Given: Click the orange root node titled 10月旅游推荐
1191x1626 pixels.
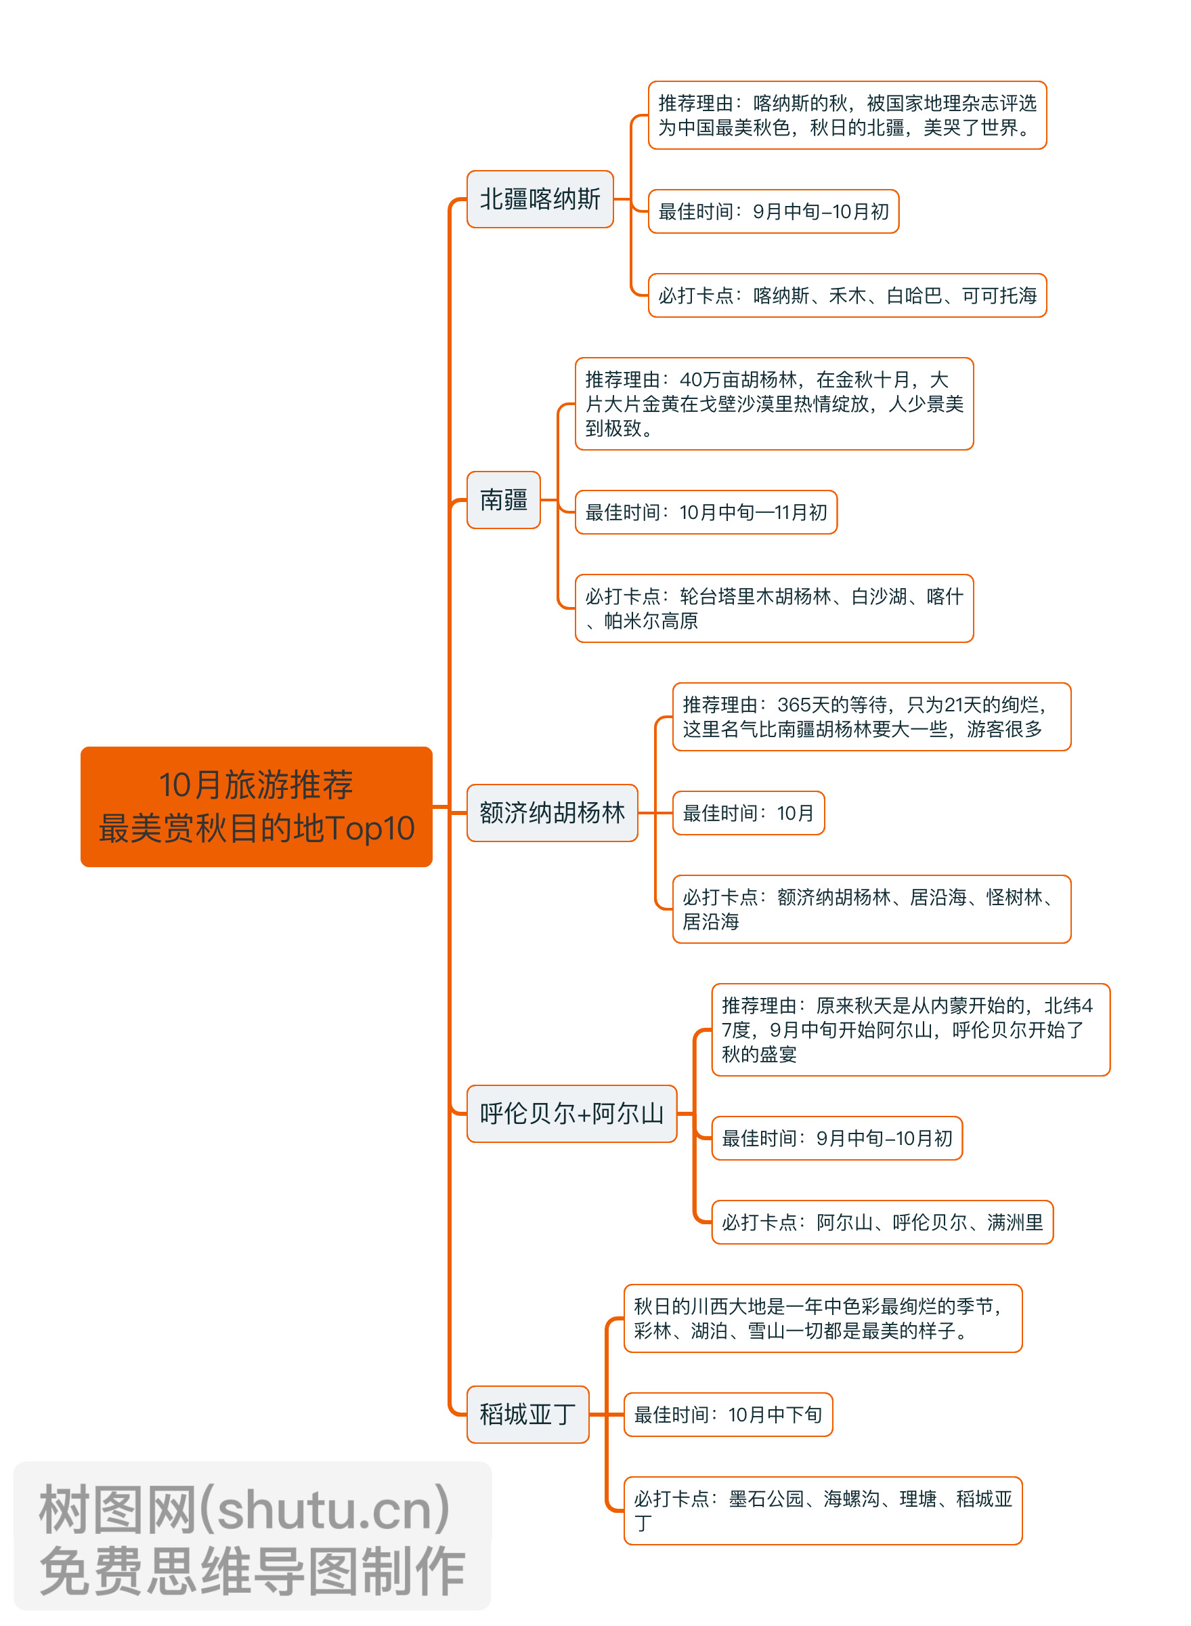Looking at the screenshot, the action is coord(256,806).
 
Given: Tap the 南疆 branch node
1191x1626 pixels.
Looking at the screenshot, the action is coord(503,499).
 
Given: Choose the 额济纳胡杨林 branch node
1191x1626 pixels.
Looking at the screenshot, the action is coord(552,812).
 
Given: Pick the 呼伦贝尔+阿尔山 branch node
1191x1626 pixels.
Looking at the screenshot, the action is coord(571,1113).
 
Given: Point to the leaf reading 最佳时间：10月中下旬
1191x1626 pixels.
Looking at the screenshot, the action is coord(727,1414).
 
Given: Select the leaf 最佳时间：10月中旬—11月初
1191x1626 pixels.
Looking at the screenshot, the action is coord(705,512).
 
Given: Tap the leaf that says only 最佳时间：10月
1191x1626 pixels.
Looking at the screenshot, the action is coord(748,813).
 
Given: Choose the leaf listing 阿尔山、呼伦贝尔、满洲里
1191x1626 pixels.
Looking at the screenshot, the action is coord(882,1222).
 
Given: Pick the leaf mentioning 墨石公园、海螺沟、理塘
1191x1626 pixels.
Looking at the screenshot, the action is coord(822,1510).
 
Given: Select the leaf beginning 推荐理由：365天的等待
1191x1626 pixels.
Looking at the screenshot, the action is coord(871,716).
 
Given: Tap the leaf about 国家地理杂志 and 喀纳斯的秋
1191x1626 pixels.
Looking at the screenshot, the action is coord(846,115).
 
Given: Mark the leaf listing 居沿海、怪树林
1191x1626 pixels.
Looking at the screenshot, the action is coord(871,909).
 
